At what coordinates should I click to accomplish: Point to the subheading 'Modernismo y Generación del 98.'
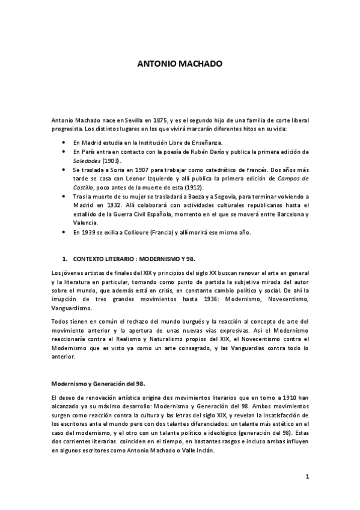(97, 383)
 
